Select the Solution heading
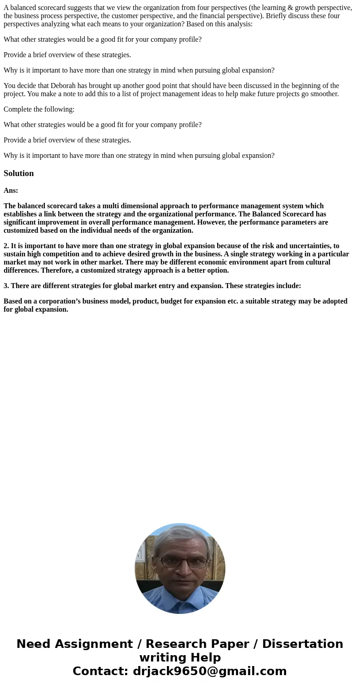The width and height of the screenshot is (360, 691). (x=19, y=173)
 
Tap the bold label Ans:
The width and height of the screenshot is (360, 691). (x=11, y=191)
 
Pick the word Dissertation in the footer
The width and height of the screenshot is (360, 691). (x=302, y=644)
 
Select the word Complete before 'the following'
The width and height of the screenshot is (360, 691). (x=18, y=109)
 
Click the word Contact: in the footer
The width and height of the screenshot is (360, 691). (x=101, y=671)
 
